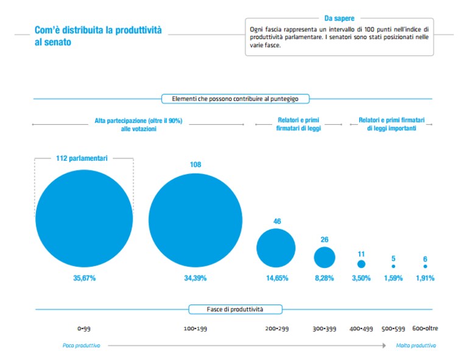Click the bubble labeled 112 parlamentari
click(84, 219)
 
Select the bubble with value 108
click(195, 221)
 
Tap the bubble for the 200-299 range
click(276, 248)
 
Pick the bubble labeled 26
click(325, 258)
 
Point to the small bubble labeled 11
click(361, 264)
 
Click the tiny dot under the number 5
click(393, 266)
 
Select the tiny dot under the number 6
click(426, 266)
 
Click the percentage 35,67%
click(84, 278)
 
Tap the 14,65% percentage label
click(277, 278)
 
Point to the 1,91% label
click(425, 278)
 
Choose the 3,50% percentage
click(361, 278)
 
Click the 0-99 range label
click(84, 329)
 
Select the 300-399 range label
click(325, 329)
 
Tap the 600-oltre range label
click(425, 328)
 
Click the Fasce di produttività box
click(235, 309)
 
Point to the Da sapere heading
click(339, 18)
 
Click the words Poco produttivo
click(82, 345)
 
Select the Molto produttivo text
click(416, 345)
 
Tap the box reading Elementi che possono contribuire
click(235, 99)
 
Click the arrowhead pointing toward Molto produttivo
click(384, 345)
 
